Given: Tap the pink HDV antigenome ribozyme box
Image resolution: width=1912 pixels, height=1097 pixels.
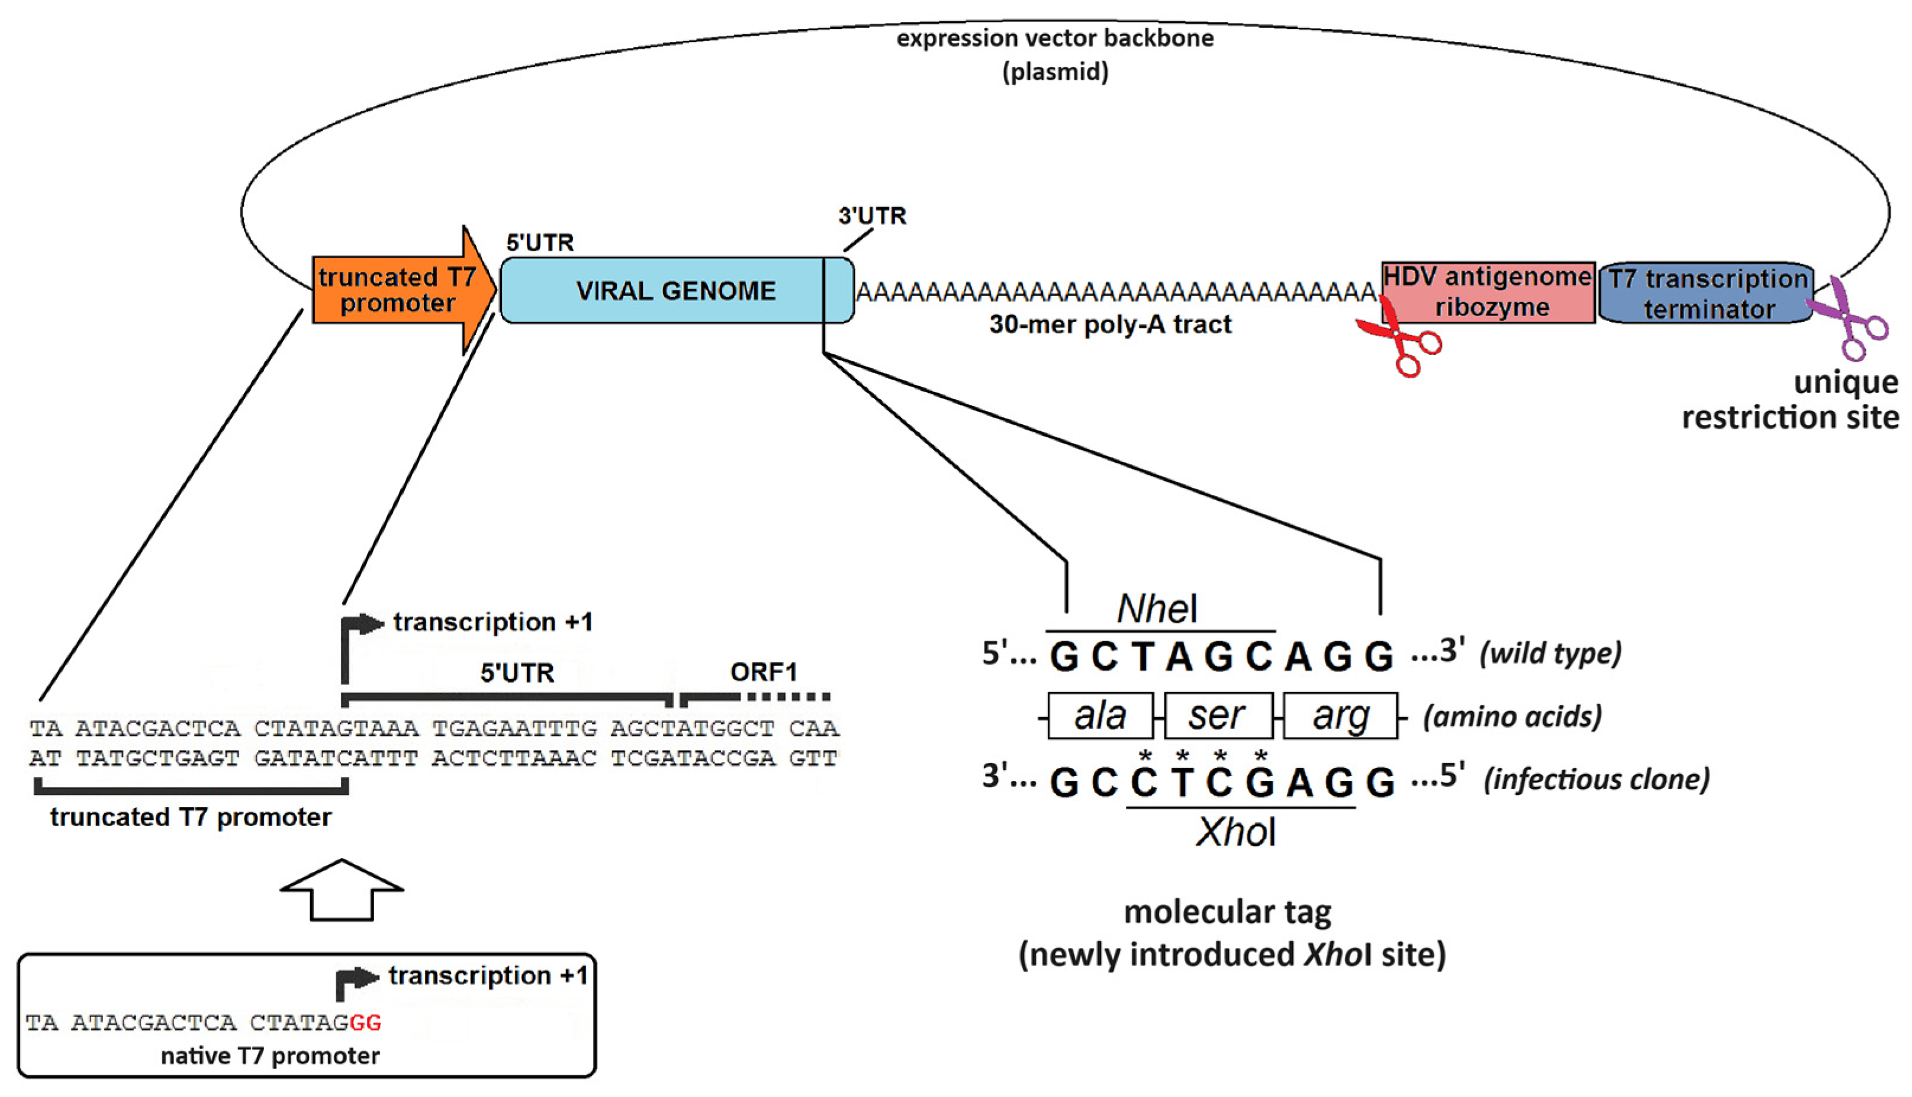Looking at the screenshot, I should [x=1487, y=292].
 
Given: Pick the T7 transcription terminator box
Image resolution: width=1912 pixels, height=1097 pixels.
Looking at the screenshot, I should [x=1707, y=293].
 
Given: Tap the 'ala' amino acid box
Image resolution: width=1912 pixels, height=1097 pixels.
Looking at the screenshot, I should [x=1100, y=715].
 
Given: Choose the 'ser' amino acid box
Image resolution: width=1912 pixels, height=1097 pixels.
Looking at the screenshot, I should [x=1218, y=715].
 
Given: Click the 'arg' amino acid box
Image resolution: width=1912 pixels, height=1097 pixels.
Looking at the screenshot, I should [x=1340, y=715].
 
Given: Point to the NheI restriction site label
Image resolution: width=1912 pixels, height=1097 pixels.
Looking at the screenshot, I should [x=1157, y=609].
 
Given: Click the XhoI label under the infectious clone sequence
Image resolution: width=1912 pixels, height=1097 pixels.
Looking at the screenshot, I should [x=1235, y=832].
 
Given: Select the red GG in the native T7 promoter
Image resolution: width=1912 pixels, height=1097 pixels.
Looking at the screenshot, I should [x=365, y=1022].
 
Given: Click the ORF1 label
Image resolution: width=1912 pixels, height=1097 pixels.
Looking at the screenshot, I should [x=762, y=671].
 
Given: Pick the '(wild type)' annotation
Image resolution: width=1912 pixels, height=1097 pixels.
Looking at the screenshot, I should [x=1550, y=652].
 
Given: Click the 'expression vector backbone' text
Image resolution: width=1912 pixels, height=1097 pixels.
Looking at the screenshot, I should [x=1055, y=38].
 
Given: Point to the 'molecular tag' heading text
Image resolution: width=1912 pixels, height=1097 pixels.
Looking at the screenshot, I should [x=1227, y=912].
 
